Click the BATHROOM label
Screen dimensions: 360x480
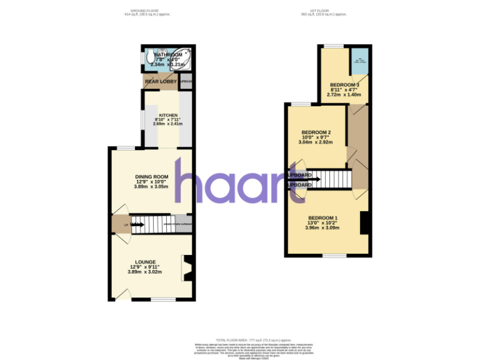pos(167,55)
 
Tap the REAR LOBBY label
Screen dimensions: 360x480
pos(161,81)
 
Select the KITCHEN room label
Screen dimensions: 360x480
pos(168,115)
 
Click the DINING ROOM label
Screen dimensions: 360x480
pos(151,177)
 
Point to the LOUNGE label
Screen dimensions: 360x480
pos(145,262)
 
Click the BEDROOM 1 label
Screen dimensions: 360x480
pos(322,217)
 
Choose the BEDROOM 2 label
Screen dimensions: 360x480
pos(316,132)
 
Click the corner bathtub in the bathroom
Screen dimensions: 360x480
pos(181,58)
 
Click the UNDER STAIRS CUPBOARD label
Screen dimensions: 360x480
pos(177,224)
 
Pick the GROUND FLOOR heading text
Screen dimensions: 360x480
pos(147,10)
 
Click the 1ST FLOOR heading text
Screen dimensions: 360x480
pos(324,10)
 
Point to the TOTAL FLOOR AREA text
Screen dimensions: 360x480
pos(240,340)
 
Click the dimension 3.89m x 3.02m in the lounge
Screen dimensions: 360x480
pos(145,272)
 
